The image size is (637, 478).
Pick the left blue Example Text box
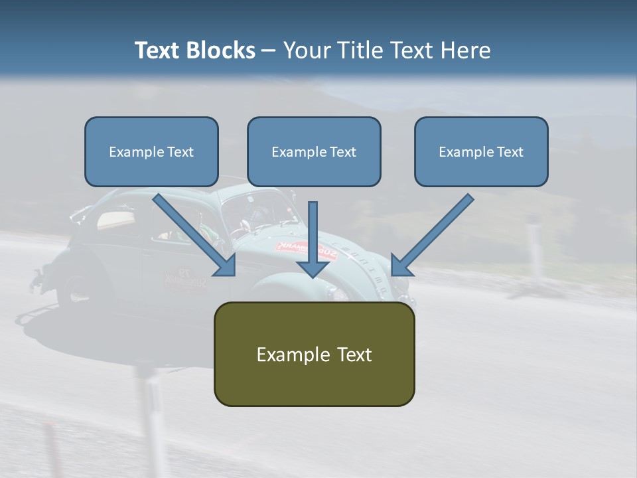[151, 152]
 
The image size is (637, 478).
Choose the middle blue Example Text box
[314, 152]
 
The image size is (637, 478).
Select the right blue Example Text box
[481, 152]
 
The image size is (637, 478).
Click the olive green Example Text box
[314, 355]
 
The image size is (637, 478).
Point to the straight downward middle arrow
[313, 239]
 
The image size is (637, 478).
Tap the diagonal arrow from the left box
[196, 236]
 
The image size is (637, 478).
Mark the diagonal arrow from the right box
[431, 236]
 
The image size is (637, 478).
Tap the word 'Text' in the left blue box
[180, 152]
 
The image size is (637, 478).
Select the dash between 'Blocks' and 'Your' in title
[269, 50]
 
